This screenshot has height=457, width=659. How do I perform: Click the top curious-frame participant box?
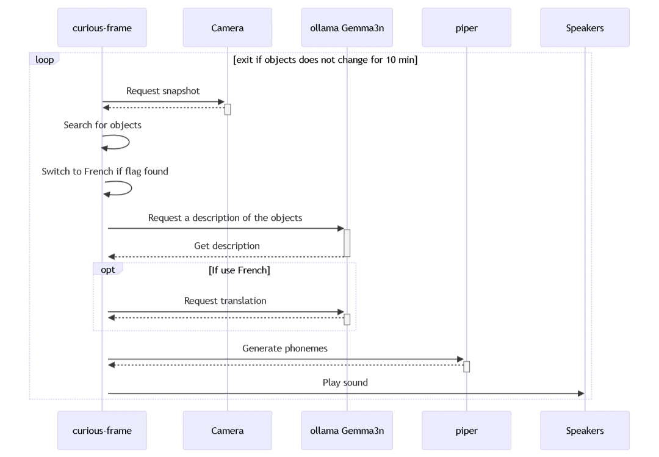click(x=102, y=27)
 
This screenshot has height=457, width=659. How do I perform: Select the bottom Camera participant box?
click(x=227, y=430)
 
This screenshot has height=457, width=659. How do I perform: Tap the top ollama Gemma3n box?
click(x=347, y=27)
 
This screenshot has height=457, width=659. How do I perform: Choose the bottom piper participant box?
click(x=466, y=430)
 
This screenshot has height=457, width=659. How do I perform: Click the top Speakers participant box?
click(x=585, y=27)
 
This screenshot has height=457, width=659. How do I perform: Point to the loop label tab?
click(x=44, y=60)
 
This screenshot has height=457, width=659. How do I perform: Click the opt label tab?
click(x=108, y=270)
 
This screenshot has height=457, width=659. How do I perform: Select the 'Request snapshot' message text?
click(x=163, y=91)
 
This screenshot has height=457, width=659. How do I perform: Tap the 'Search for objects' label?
click(x=103, y=125)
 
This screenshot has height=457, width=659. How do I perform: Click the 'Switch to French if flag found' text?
click(x=105, y=171)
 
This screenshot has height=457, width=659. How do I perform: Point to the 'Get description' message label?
click(x=226, y=246)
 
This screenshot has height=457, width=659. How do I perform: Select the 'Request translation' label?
click(x=225, y=301)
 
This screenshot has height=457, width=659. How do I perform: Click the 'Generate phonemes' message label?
click(x=285, y=348)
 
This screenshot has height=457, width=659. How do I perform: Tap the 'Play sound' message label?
click(x=345, y=383)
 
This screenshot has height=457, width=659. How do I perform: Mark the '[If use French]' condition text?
click(x=239, y=270)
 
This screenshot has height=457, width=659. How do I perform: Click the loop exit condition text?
click(x=325, y=60)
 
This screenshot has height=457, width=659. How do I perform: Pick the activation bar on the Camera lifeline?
click(x=228, y=109)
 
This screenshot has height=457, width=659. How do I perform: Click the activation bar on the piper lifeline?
click(x=466, y=366)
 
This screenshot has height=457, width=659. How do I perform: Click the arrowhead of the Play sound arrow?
click(x=581, y=394)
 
